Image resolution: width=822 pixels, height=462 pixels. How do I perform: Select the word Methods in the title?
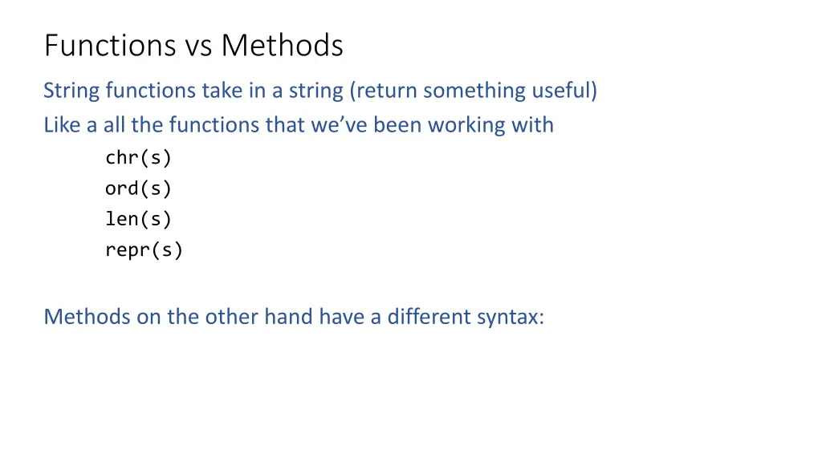282,46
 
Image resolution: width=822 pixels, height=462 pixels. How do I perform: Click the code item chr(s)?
138,158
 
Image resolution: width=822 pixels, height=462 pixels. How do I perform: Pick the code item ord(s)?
138,188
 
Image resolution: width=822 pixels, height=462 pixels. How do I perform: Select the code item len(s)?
138,219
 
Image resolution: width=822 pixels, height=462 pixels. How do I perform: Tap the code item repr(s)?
144,250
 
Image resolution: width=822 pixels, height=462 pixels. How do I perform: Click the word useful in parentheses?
564,91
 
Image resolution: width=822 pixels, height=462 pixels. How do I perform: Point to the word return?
385,91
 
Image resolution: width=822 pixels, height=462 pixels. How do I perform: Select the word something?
474,91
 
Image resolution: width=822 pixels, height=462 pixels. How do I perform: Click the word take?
225,91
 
